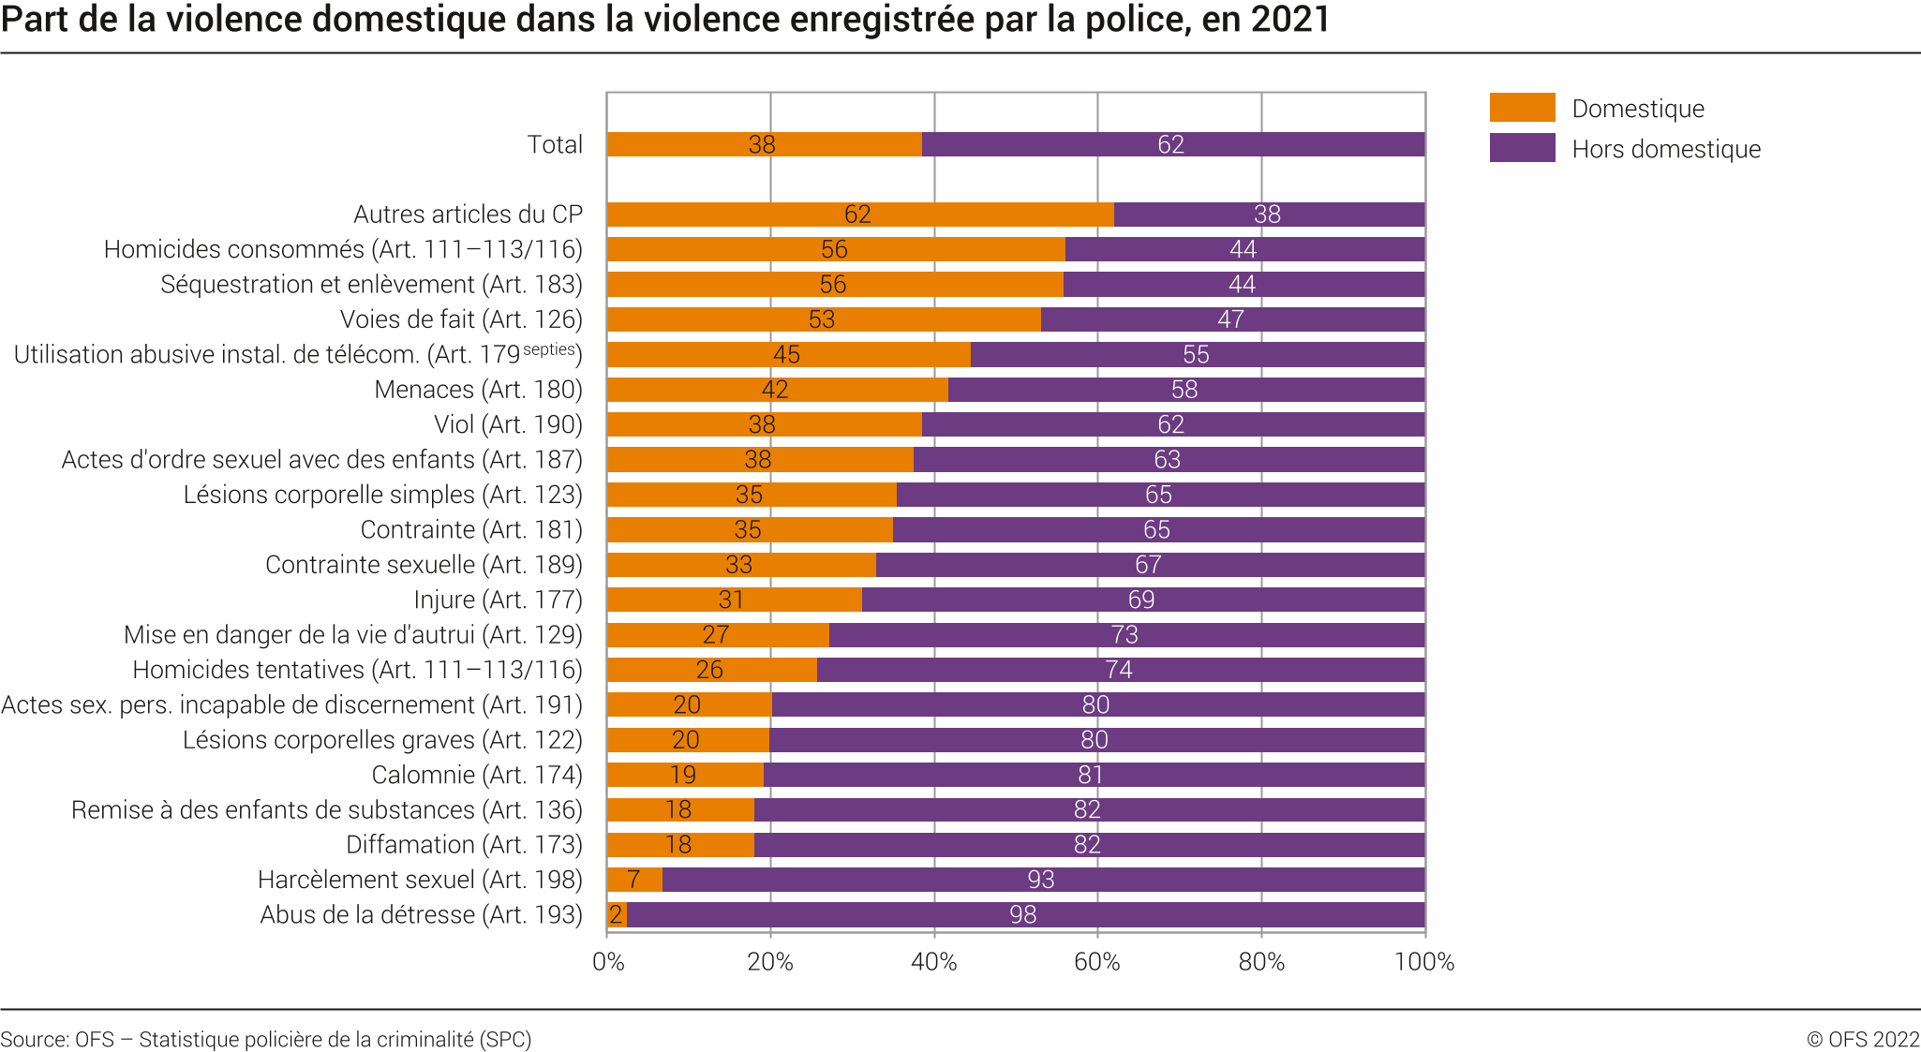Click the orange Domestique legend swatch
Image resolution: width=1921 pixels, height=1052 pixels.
(x=1522, y=108)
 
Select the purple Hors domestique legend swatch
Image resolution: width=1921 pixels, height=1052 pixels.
(x=1522, y=148)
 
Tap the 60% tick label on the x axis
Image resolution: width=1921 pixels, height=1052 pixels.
(x=1097, y=962)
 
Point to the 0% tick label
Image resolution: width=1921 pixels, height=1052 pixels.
(x=608, y=962)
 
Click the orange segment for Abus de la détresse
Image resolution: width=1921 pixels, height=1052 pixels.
(x=617, y=914)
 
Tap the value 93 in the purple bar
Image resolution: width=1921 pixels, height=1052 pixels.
(x=1040, y=880)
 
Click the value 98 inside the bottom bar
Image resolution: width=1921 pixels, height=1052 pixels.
(x=1022, y=914)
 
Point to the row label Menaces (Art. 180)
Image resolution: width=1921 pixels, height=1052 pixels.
(x=478, y=390)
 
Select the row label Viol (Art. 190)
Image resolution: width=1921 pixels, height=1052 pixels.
(x=508, y=424)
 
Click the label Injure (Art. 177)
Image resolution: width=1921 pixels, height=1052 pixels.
(x=498, y=600)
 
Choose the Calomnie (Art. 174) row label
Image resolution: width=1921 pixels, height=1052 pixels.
(x=477, y=775)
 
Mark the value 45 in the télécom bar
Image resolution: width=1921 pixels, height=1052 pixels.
(x=786, y=355)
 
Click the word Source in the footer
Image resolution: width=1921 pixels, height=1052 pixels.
(x=33, y=1039)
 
